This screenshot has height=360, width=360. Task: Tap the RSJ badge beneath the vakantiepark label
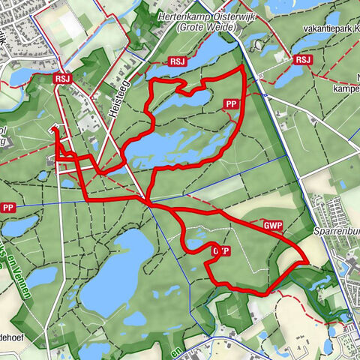coord(303,60)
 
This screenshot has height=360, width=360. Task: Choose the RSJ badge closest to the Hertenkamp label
coord(178,61)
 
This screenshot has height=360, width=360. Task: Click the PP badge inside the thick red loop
coord(232,104)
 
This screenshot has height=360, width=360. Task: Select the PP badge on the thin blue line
coord(8,208)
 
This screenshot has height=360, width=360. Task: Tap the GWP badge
coord(273,225)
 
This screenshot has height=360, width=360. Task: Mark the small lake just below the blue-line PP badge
coord(20,225)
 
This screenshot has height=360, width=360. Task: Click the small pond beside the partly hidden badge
coord(197,244)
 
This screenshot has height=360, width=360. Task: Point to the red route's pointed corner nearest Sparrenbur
coord(307,261)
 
